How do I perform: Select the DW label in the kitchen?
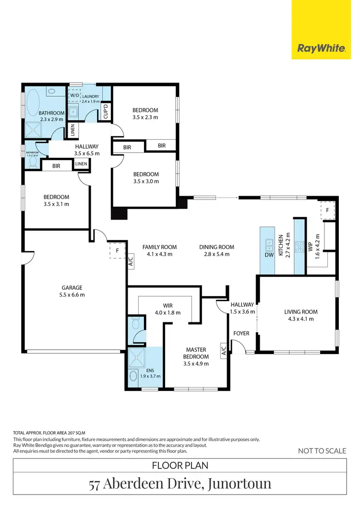pyautogui.click(x=269, y=255)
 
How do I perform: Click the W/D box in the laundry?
pyautogui.click(x=75, y=95)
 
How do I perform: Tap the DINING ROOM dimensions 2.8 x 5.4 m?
pyautogui.click(x=216, y=254)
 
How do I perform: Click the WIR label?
pyautogui.click(x=168, y=305)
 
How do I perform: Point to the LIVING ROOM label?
pyautogui.click(x=301, y=312)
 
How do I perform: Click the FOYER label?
pyautogui.click(x=241, y=333)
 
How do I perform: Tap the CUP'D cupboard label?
pyautogui.click(x=106, y=111)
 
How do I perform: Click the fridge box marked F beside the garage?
pyautogui.click(x=117, y=250)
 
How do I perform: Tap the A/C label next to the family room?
pyautogui.click(x=130, y=261)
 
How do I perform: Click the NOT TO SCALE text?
pyautogui.click(x=322, y=450)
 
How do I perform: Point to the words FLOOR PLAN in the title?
pyautogui.click(x=180, y=465)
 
